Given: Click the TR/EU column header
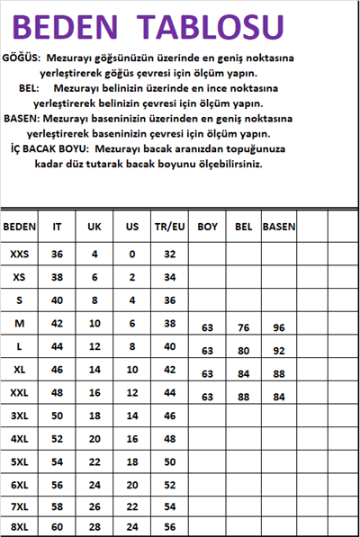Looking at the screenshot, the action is pyautogui.click(x=168, y=227).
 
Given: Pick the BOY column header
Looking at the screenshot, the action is pyautogui.click(x=208, y=227).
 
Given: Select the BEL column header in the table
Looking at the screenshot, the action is pyautogui.click(x=243, y=227).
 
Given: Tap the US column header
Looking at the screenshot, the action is pyautogui.click(x=132, y=227).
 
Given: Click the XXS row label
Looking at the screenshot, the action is pyautogui.click(x=19, y=255).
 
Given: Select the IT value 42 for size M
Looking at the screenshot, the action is pyautogui.click(x=57, y=323).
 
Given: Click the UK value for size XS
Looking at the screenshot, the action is pyautogui.click(x=94, y=277).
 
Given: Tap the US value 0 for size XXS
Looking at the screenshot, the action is pyautogui.click(x=132, y=255).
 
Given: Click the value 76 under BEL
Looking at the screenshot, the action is pyautogui.click(x=243, y=328).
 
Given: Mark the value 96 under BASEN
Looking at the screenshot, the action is pyautogui.click(x=279, y=328).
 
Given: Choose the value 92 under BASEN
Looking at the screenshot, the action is pyautogui.click(x=279, y=351).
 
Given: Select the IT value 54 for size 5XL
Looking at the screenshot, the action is pyautogui.click(x=57, y=461).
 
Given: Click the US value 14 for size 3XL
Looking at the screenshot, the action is pyautogui.click(x=132, y=416).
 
